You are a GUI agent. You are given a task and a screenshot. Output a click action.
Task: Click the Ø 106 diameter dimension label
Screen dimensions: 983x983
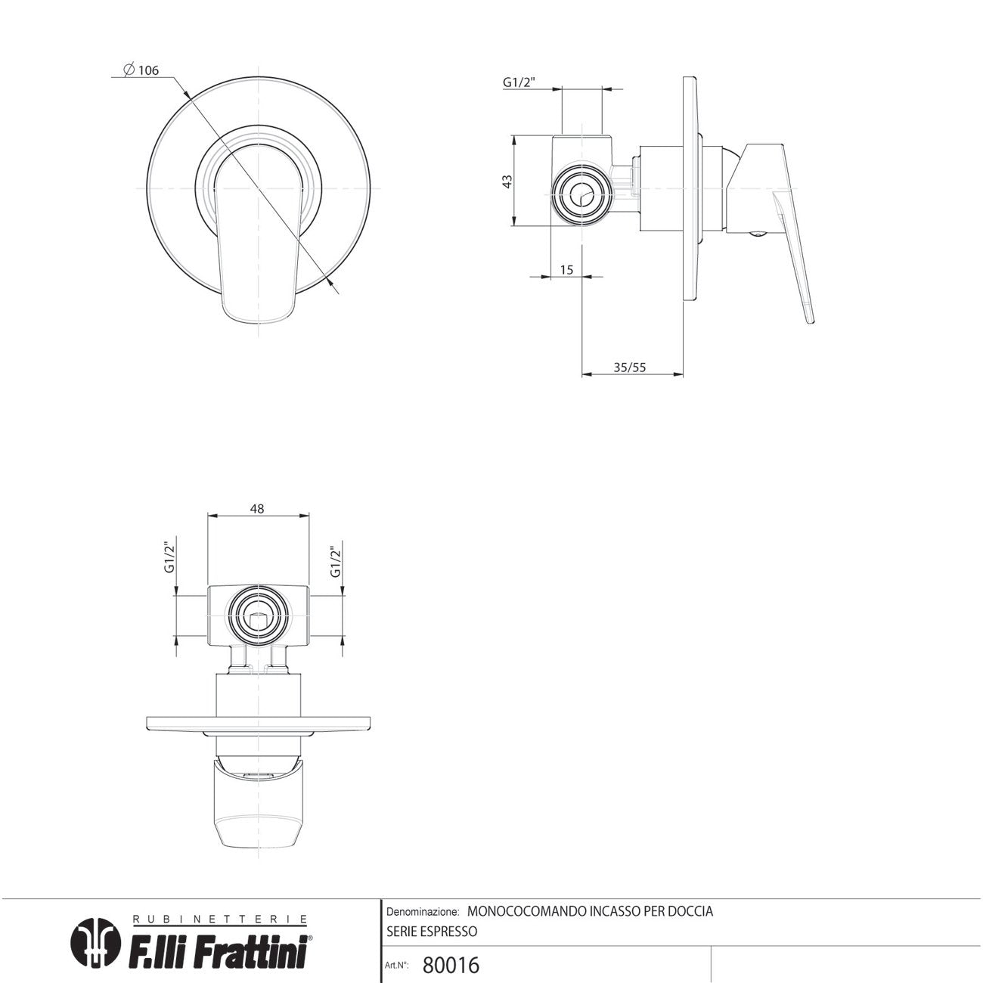coord(141,70)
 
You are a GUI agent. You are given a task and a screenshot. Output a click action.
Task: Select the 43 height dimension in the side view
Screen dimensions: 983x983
coord(508,181)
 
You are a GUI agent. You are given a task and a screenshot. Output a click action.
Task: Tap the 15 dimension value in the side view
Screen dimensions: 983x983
coord(567,269)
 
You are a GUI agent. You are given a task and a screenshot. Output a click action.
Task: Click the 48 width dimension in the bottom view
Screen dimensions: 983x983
coord(257,509)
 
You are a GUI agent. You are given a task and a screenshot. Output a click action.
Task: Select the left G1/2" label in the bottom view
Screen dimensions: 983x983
coord(169,558)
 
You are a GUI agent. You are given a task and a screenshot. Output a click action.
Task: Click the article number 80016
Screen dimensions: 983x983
coord(451,965)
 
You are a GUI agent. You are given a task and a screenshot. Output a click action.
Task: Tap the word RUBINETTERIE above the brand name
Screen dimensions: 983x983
coord(219,919)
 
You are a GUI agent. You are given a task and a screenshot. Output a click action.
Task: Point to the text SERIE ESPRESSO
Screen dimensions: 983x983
coord(432,932)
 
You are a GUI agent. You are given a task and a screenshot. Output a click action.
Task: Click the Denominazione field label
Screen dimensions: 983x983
coord(422,912)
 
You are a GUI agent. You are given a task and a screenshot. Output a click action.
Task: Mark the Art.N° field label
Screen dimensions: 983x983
coord(397,966)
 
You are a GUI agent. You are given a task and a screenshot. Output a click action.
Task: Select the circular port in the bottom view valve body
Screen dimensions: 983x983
coord(259,615)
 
